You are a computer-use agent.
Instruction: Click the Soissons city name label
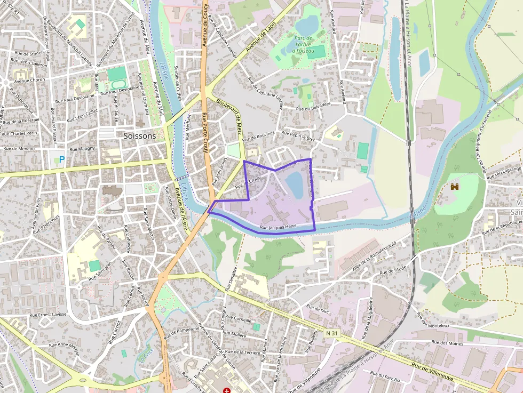[x=140, y=135]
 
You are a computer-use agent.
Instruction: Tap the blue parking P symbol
[x=61, y=159]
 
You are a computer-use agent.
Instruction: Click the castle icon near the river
[x=455, y=187]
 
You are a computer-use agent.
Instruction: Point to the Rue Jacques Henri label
[x=278, y=228]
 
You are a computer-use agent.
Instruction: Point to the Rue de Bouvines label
[x=259, y=137]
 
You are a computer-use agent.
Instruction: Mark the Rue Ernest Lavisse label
[x=48, y=314]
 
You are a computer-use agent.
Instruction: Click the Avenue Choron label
[x=30, y=81]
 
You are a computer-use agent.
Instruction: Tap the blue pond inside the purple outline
[x=294, y=185]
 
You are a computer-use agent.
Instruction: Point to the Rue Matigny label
[x=82, y=149]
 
